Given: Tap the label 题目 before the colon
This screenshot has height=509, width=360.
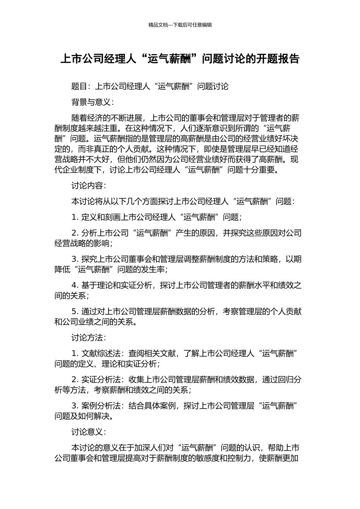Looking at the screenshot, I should (79, 86).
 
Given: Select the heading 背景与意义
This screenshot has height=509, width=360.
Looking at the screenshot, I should (91, 102).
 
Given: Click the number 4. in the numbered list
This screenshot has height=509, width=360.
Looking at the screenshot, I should (75, 285).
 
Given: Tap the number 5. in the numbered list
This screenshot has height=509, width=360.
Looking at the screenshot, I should (75, 312).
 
